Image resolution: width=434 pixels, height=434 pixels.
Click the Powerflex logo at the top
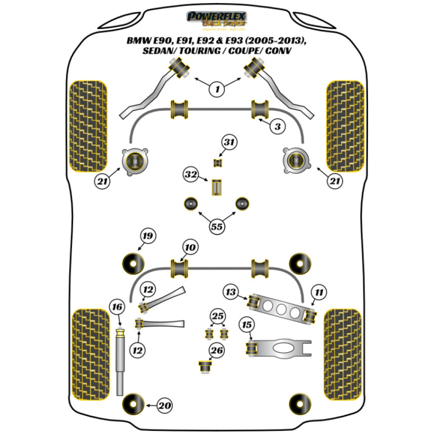click(217, 20)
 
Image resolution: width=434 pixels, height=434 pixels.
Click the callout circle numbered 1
click(217, 89)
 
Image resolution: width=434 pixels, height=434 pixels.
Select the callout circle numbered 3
click(277, 127)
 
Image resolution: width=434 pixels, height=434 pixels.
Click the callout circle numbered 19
click(147, 237)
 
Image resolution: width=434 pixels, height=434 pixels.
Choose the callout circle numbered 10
click(191, 248)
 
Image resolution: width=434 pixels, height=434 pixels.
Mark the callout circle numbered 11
click(319, 293)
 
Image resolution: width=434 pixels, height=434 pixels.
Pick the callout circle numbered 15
click(247, 324)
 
